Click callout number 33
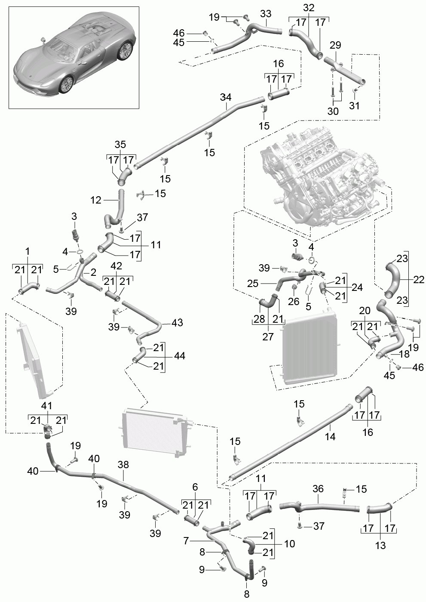point(266,14)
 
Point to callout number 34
point(226,97)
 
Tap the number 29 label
point(335,45)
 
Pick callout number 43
point(177,322)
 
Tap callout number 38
point(123,465)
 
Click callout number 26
point(294,301)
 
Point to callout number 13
point(380,546)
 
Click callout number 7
point(186,541)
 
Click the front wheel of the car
point(67,84)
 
